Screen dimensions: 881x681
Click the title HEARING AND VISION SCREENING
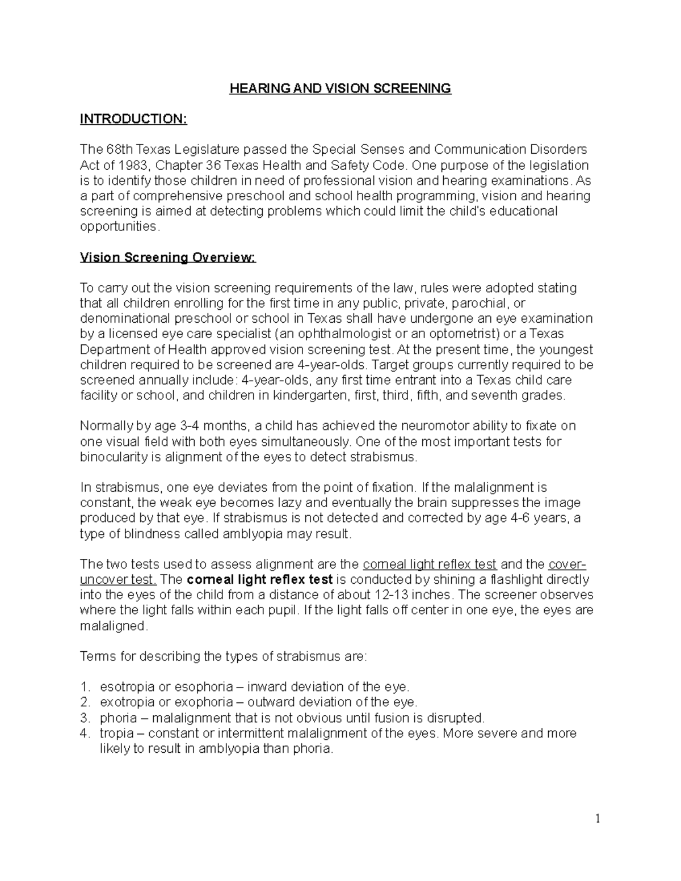[340, 88]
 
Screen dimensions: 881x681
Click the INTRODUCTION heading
[133, 119]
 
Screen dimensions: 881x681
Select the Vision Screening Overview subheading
[168, 258]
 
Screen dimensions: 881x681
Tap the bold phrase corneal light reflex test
[260, 580]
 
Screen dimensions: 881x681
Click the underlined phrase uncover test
[118, 580]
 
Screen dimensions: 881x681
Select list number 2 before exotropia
[85, 702]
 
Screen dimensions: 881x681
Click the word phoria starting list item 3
[118, 718]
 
